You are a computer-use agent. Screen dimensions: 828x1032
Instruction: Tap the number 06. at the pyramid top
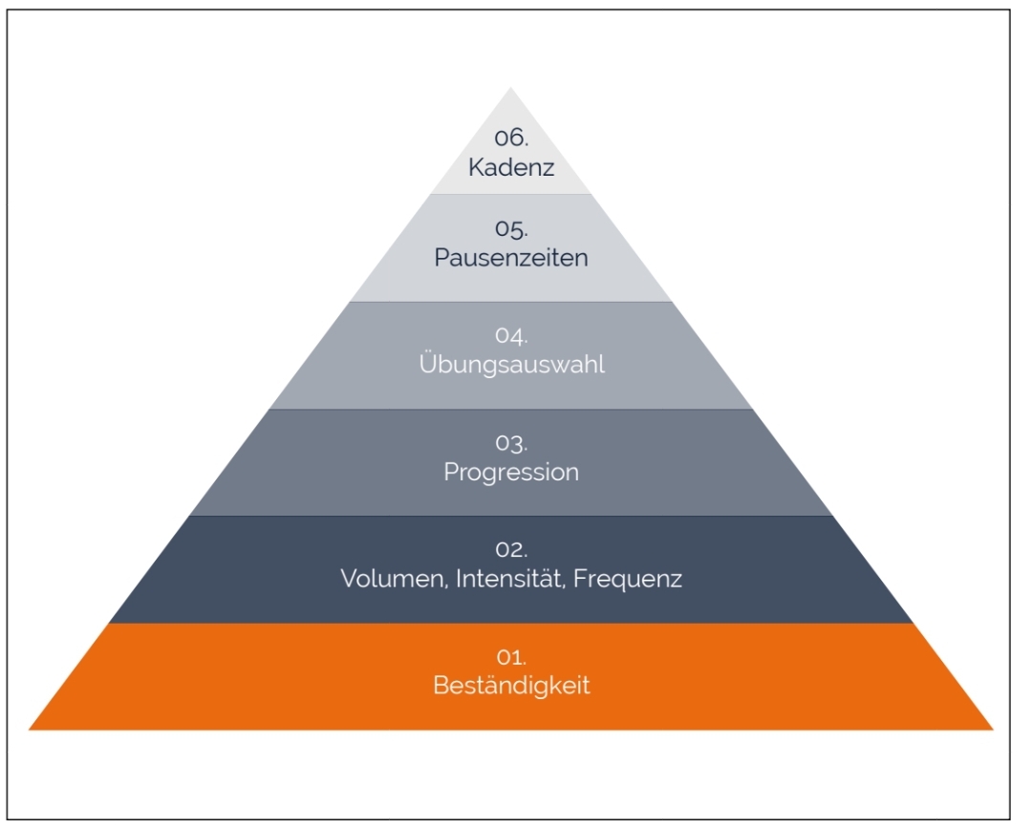(511, 138)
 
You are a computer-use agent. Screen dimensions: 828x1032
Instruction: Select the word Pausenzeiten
(511, 258)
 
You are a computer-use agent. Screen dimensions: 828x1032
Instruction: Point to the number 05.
(511, 230)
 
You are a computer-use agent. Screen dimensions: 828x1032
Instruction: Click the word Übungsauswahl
(511, 365)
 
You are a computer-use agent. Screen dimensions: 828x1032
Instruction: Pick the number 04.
(511, 337)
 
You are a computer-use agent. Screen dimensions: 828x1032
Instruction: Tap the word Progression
(511, 472)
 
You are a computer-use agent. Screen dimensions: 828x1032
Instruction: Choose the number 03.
(511, 444)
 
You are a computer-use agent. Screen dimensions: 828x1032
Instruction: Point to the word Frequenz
(628, 580)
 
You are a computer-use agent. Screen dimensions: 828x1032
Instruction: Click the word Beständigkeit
(511, 686)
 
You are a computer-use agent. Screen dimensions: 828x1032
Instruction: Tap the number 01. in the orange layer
(511, 658)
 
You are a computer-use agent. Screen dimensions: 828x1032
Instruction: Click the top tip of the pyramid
(511, 89)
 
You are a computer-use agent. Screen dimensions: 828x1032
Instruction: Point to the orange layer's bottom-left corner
(31, 730)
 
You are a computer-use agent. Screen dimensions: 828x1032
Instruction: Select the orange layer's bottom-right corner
(992, 730)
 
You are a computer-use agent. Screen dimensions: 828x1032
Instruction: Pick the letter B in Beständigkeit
(440, 686)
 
